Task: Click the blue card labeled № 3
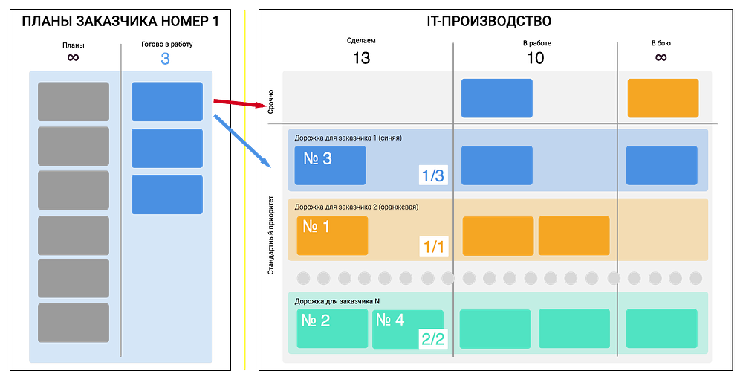point(330,165)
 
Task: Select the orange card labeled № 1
point(332,236)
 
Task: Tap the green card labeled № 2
point(332,329)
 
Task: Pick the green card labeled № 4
point(407,329)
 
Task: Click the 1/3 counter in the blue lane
point(433,175)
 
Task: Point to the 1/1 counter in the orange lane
point(434,247)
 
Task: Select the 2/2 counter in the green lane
point(433,338)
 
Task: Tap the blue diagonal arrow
point(242,141)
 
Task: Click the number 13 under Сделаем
point(361,58)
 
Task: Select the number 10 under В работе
point(536,58)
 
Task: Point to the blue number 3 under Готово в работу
point(165,59)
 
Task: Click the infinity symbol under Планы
point(73,58)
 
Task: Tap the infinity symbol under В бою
point(661,57)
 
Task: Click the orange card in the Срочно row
point(663,98)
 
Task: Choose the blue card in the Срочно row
point(497,98)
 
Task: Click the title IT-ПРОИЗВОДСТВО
point(489,22)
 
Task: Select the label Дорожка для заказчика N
point(337,301)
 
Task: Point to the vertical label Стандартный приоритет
point(270,235)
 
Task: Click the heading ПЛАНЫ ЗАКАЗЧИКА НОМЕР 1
point(120,22)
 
